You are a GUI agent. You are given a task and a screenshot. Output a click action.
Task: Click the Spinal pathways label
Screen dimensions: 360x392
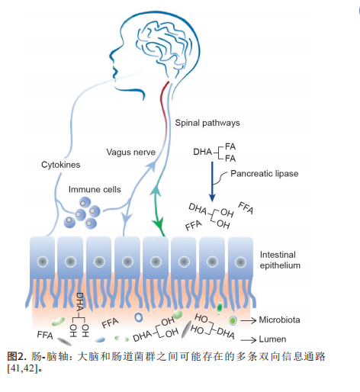tap(207, 123)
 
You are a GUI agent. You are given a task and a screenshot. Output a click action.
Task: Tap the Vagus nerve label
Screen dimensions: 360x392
tap(131, 153)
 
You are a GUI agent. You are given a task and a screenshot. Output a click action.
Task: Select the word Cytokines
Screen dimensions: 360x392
tap(61, 165)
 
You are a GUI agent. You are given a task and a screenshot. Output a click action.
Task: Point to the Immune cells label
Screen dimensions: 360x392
tap(95, 189)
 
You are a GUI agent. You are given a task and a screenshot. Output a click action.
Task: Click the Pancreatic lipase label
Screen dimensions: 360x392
tap(265, 174)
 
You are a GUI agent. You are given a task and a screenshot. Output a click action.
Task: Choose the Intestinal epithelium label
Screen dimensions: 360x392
tap(280, 260)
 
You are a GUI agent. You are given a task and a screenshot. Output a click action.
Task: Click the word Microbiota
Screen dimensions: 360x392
tap(279, 320)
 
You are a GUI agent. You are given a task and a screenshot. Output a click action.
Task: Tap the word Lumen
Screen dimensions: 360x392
tap(272, 339)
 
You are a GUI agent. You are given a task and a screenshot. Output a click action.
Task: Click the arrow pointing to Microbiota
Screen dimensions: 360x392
tap(248, 320)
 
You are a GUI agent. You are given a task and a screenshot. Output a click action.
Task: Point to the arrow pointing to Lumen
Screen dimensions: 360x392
tap(248, 340)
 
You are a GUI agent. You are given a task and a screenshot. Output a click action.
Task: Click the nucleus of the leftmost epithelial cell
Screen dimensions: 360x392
tap(43, 262)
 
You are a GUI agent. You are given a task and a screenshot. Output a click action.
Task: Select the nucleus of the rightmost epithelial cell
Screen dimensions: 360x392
tap(240, 262)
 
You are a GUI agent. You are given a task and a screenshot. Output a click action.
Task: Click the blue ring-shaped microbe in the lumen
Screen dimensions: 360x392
tap(139, 317)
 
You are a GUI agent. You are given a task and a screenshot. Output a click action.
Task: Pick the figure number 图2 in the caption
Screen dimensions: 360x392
tap(16, 356)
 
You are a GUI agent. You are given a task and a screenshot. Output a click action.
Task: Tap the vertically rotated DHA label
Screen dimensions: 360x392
tap(80, 302)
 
